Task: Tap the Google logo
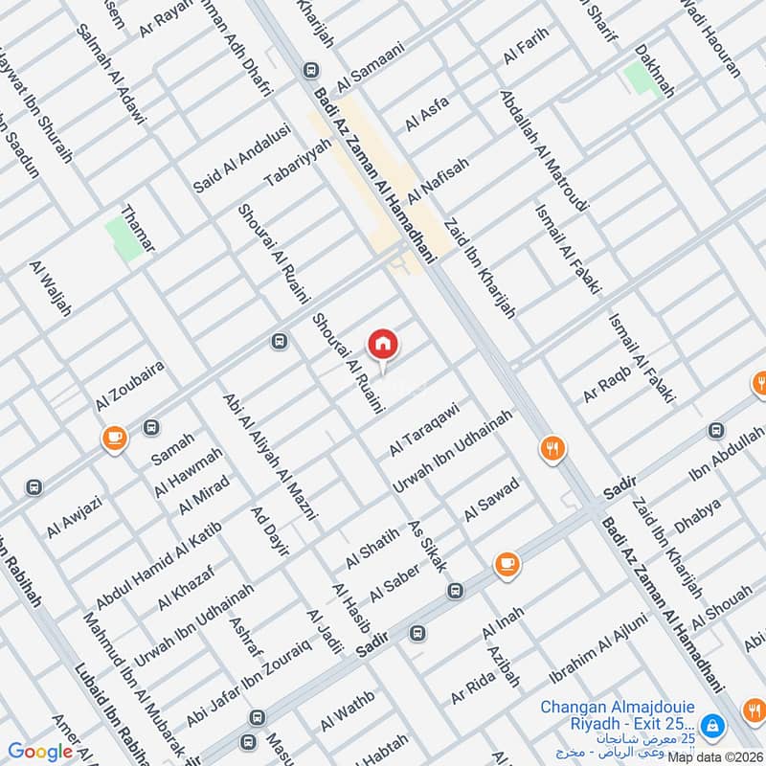click(x=40, y=752)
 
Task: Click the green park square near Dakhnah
click(x=637, y=77)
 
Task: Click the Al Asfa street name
click(x=427, y=113)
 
